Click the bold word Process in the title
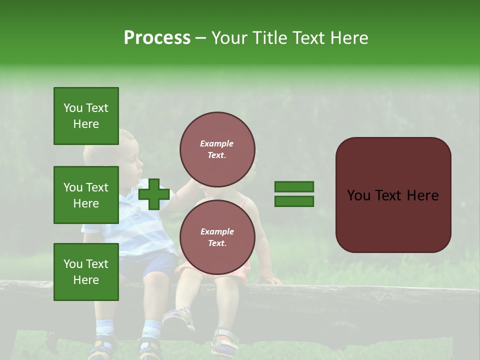click(x=157, y=38)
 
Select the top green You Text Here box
click(x=86, y=116)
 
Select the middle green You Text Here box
click(x=86, y=195)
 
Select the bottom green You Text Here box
click(x=86, y=271)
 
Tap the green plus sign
click(x=154, y=194)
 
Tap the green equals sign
click(x=294, y=194)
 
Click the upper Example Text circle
click(x=217, y=149)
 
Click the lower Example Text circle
click(x=217, y=237)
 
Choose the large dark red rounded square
click(x=393, y=195)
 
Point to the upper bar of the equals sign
click(x=294, y=187)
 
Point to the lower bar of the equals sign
click(x=294, y=201)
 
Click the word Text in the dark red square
click(x=393, y=195)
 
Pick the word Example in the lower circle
click(x=217, y=231)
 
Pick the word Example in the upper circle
click(x=217, y=143)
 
